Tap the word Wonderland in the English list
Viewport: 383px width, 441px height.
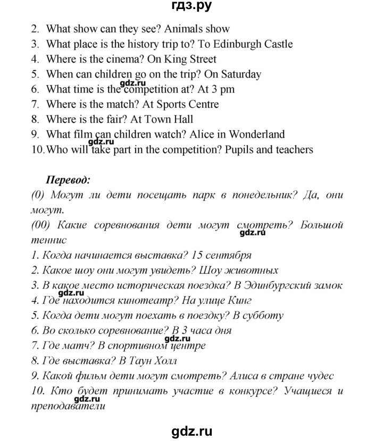coord(257,134)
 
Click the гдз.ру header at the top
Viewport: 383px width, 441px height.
coord(191,8)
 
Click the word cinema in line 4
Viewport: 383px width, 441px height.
coord(113,59)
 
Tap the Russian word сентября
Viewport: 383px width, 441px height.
coord(227,255)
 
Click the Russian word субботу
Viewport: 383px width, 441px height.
coord(260,316)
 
